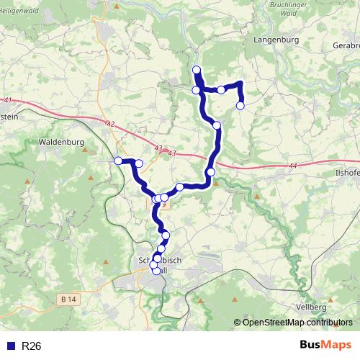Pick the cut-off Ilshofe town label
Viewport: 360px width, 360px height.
point(343,174)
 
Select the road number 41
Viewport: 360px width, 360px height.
point(8,100)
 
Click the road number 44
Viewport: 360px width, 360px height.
point(292,166)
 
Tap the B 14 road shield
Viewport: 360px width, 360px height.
point(68,299)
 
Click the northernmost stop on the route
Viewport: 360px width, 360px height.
point(197,70)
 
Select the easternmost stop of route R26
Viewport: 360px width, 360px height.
point(240,106)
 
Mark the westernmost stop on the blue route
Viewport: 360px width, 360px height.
point(118,161)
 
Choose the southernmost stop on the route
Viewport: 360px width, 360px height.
point(156,271)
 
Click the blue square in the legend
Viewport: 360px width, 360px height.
point(10,346)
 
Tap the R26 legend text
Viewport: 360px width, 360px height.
point(32,346)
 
